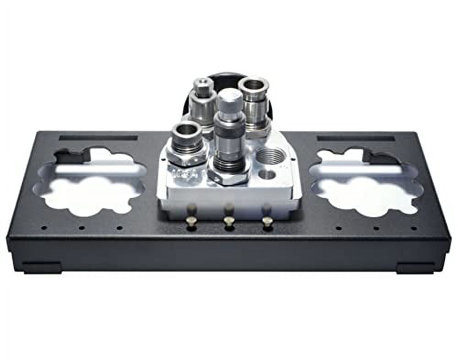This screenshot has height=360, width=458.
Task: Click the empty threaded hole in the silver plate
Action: [x=271, y=156]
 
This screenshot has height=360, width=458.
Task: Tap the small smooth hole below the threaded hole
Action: [x=267, y=174]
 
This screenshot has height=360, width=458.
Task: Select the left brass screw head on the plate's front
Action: [x=192, y=222]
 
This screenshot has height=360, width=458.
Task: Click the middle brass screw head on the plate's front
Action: [x=229, y=221]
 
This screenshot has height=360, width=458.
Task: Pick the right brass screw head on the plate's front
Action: [x=267, y=221]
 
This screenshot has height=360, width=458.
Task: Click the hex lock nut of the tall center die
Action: [x=229, y=176]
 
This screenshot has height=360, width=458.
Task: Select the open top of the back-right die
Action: [x=253, y=84]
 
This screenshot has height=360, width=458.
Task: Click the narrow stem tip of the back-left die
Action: [x=202, y=84]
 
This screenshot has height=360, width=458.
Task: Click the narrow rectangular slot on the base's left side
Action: [x=98, y=137]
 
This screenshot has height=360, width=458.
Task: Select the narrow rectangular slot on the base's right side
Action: [x=355, y=137]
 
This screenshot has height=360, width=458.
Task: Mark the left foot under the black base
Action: [x=42, y=267]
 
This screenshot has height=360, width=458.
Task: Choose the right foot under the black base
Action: [x=415, y=267]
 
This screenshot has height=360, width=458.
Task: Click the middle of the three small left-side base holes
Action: [x=81, y=228]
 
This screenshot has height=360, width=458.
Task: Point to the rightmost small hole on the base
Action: [x=414, y=228]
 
